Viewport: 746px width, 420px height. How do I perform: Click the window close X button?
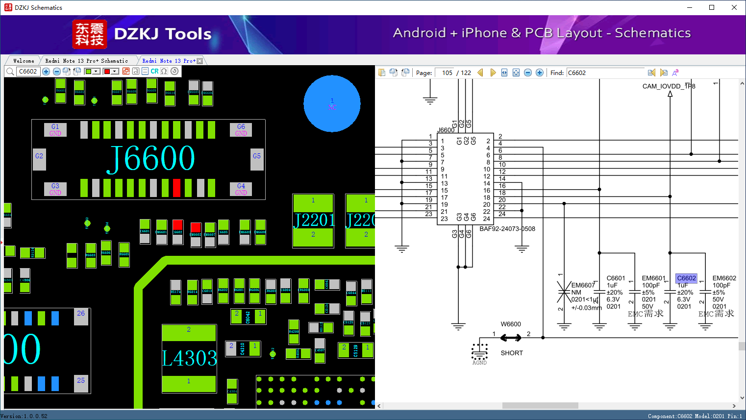click(x=734, y=7)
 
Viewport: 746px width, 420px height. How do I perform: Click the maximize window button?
click(x=712, y=7)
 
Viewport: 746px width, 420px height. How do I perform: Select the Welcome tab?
click(x=24, y=61)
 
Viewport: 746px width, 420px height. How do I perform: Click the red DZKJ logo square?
click(x=89, y=34)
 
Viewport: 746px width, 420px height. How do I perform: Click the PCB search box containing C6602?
click(x=28, y=72)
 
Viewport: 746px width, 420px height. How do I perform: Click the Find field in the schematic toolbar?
click(x=606, y=73)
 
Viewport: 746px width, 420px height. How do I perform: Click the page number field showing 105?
click(x=446, y=73)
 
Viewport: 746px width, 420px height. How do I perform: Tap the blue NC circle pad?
click(x=332, y=103)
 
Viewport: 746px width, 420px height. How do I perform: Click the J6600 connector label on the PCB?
click(x=151, y=158)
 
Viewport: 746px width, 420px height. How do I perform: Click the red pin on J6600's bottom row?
click(x=176, y=188)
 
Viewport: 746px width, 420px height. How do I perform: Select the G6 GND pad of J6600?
click(x=241, y=130)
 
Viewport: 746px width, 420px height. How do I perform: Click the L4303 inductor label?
click(x=189, y=358)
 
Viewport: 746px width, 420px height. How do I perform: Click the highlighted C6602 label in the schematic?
click(x=686, y=278)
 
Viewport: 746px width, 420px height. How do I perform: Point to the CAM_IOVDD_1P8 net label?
click(x=669, y=86)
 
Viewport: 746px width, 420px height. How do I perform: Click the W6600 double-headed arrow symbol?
click(x=511, y=338)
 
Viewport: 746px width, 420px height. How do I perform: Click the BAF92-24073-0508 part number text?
click(x=507, y=229)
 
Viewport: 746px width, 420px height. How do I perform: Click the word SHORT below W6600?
click(x=512, y=353)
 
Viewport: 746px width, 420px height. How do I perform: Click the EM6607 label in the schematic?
click(x=583, y=285)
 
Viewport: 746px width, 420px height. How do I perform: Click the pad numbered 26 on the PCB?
click(x=81, y=313)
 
